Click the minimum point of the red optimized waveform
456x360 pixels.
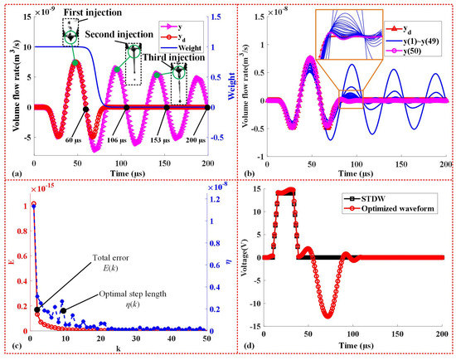tap(329, 316)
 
